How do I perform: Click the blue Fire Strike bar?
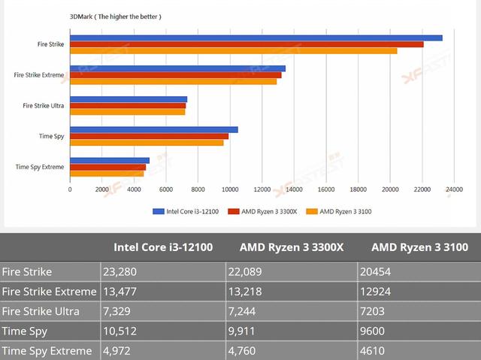point(256,38)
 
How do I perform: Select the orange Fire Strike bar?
point(233,51)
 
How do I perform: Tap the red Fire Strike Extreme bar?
point(175,75)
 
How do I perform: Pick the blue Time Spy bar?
point(153,129)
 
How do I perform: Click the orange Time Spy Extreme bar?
point(107,174)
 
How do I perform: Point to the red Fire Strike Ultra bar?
point(128,106)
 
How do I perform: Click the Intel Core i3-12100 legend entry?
point(186,212)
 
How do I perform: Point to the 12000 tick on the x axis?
point(262,189)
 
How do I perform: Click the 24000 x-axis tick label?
point(453,189)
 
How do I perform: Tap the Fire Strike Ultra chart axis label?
point(44,106)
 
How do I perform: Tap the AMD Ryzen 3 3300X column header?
point(291,247)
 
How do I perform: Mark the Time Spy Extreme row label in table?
point(47,351)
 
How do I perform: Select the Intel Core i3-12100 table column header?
point(163,247)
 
